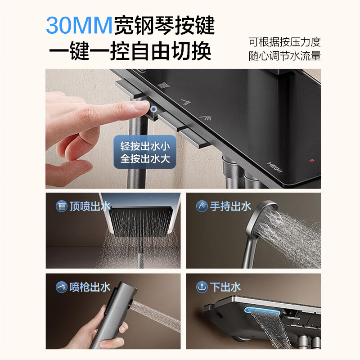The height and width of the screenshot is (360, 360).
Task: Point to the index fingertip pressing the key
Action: click(143, 106)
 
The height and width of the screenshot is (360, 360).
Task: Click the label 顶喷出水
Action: click(90, 206)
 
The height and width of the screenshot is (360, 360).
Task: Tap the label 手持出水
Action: click(230, 206)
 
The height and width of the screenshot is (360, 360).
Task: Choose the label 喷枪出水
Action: click(90, 287)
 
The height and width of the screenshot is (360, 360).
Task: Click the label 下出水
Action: click(225, 287)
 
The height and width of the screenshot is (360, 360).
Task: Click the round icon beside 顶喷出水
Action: click(61, 206)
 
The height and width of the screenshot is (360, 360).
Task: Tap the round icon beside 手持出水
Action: click(202, 206)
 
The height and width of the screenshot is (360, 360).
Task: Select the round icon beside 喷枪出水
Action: click(61, 287)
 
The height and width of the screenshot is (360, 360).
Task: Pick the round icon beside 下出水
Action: click(202, 287)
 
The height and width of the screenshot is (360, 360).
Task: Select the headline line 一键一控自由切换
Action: click(130, 52)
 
